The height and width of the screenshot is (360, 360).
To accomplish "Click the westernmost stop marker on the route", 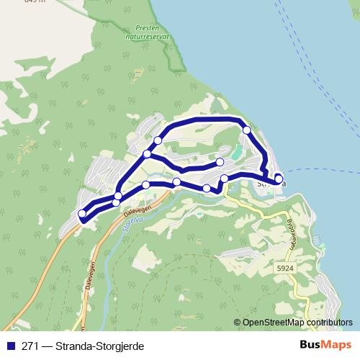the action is (81, 213).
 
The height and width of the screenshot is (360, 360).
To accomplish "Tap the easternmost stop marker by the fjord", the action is (279, 179).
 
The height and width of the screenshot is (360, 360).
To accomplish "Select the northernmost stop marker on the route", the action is (247, 130).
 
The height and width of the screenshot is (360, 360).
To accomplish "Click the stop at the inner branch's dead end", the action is (220, 161).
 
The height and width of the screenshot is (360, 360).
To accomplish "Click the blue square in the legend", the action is (9, 346).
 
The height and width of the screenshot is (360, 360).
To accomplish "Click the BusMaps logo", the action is (326, 346).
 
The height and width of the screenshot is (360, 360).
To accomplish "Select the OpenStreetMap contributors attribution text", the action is (297, 323).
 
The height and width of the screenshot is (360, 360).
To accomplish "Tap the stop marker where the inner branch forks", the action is (147, 154).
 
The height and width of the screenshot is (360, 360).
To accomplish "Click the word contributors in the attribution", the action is (329, 323).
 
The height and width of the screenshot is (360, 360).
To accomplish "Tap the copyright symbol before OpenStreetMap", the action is (238, 323).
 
